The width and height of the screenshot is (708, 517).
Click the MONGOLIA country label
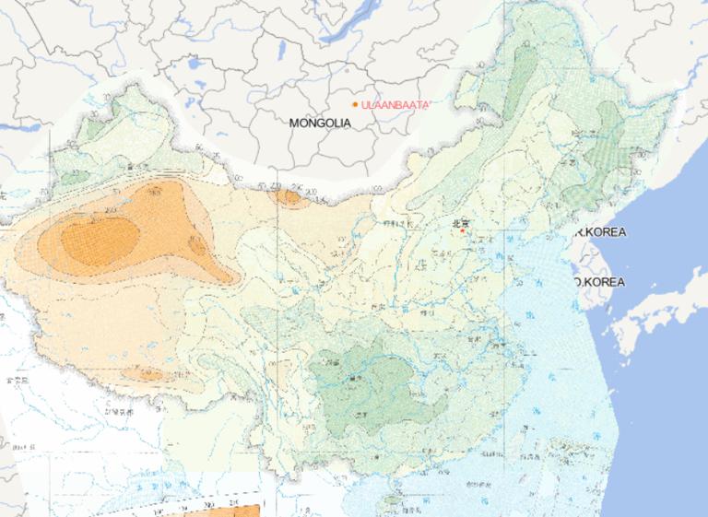tap(320, 123)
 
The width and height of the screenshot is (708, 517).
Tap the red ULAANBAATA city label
tap(395, 105)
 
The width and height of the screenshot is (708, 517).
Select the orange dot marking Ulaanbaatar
tap(355, 104)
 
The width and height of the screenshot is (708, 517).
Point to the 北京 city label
tap(461, 222)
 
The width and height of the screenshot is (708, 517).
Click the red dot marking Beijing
tap(462, 230)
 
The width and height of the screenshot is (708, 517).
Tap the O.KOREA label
tap(599, 281)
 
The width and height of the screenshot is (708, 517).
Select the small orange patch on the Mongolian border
tap(289, 196)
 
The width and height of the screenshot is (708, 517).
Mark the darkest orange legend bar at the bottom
tap(244, 510)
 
